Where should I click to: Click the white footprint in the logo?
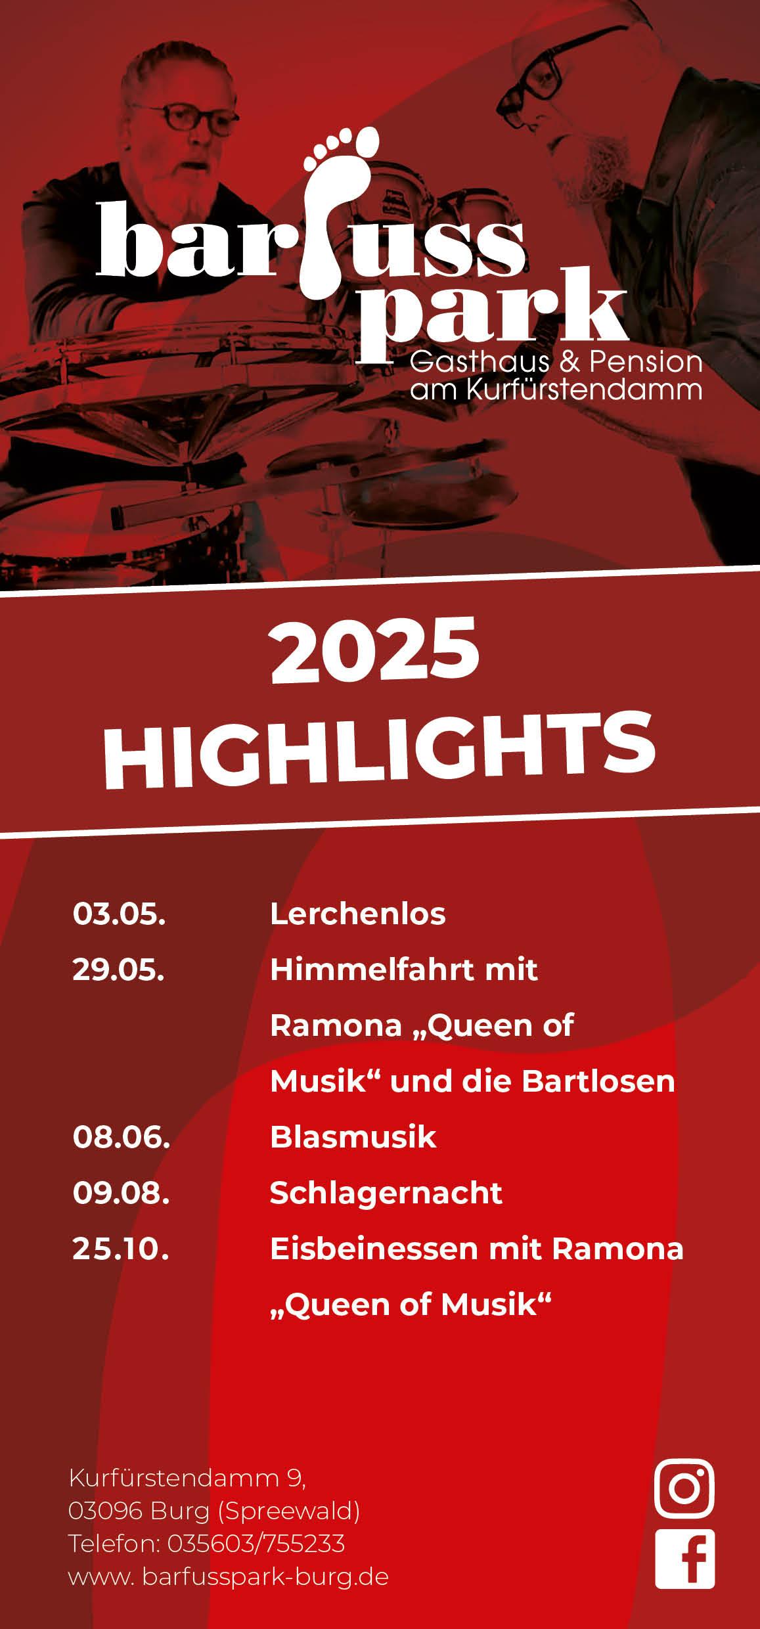(342, 210)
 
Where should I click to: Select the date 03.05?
(119, 914)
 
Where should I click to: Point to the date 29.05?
(118, 970)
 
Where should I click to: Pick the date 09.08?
(122, 1193)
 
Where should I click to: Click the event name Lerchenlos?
(358, 914)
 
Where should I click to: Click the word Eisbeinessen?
(372, 1249)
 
